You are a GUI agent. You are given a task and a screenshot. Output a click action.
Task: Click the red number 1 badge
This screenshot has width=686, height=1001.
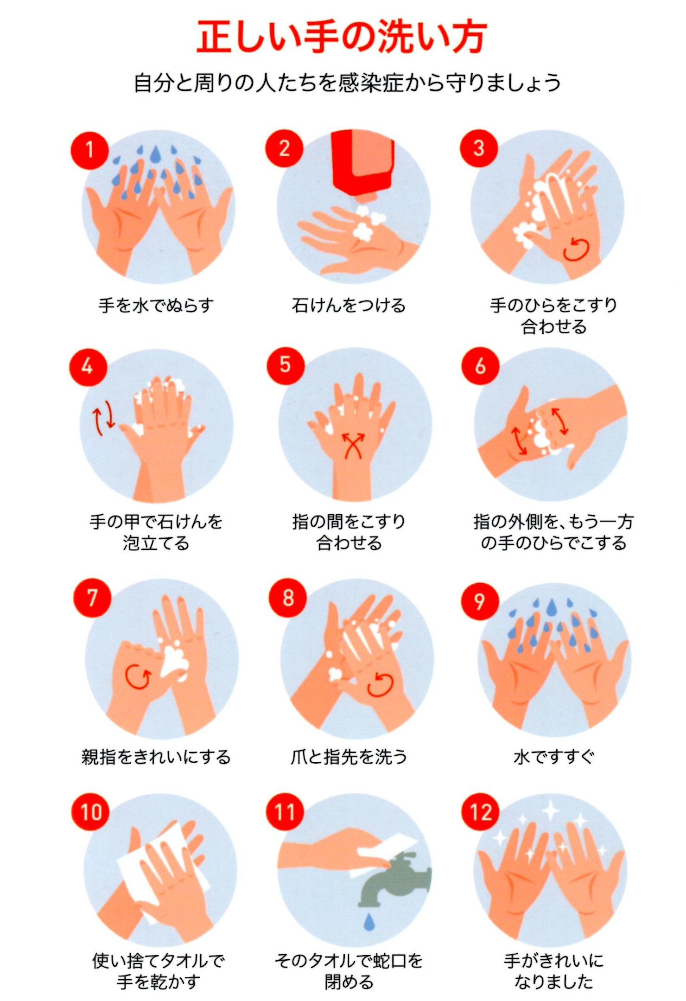click(89, 150)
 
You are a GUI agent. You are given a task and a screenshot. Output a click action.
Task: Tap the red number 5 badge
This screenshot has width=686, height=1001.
click(286, 365)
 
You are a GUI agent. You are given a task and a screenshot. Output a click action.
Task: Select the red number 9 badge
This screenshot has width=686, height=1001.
click(480, 601)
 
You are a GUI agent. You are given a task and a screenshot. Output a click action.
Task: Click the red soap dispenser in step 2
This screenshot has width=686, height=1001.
click(363, 165)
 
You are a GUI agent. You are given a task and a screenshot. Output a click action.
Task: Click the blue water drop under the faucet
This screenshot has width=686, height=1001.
click(369, 921)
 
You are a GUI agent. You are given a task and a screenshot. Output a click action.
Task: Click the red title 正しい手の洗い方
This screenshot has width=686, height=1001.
click(342, 37)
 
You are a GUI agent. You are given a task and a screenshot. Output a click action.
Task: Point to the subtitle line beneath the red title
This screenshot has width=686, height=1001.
click(347, 83)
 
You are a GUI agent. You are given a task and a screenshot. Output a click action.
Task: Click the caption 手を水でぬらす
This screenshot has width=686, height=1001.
click(157, 306)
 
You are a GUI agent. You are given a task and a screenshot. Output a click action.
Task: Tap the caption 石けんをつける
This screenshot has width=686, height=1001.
click(349, 306)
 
